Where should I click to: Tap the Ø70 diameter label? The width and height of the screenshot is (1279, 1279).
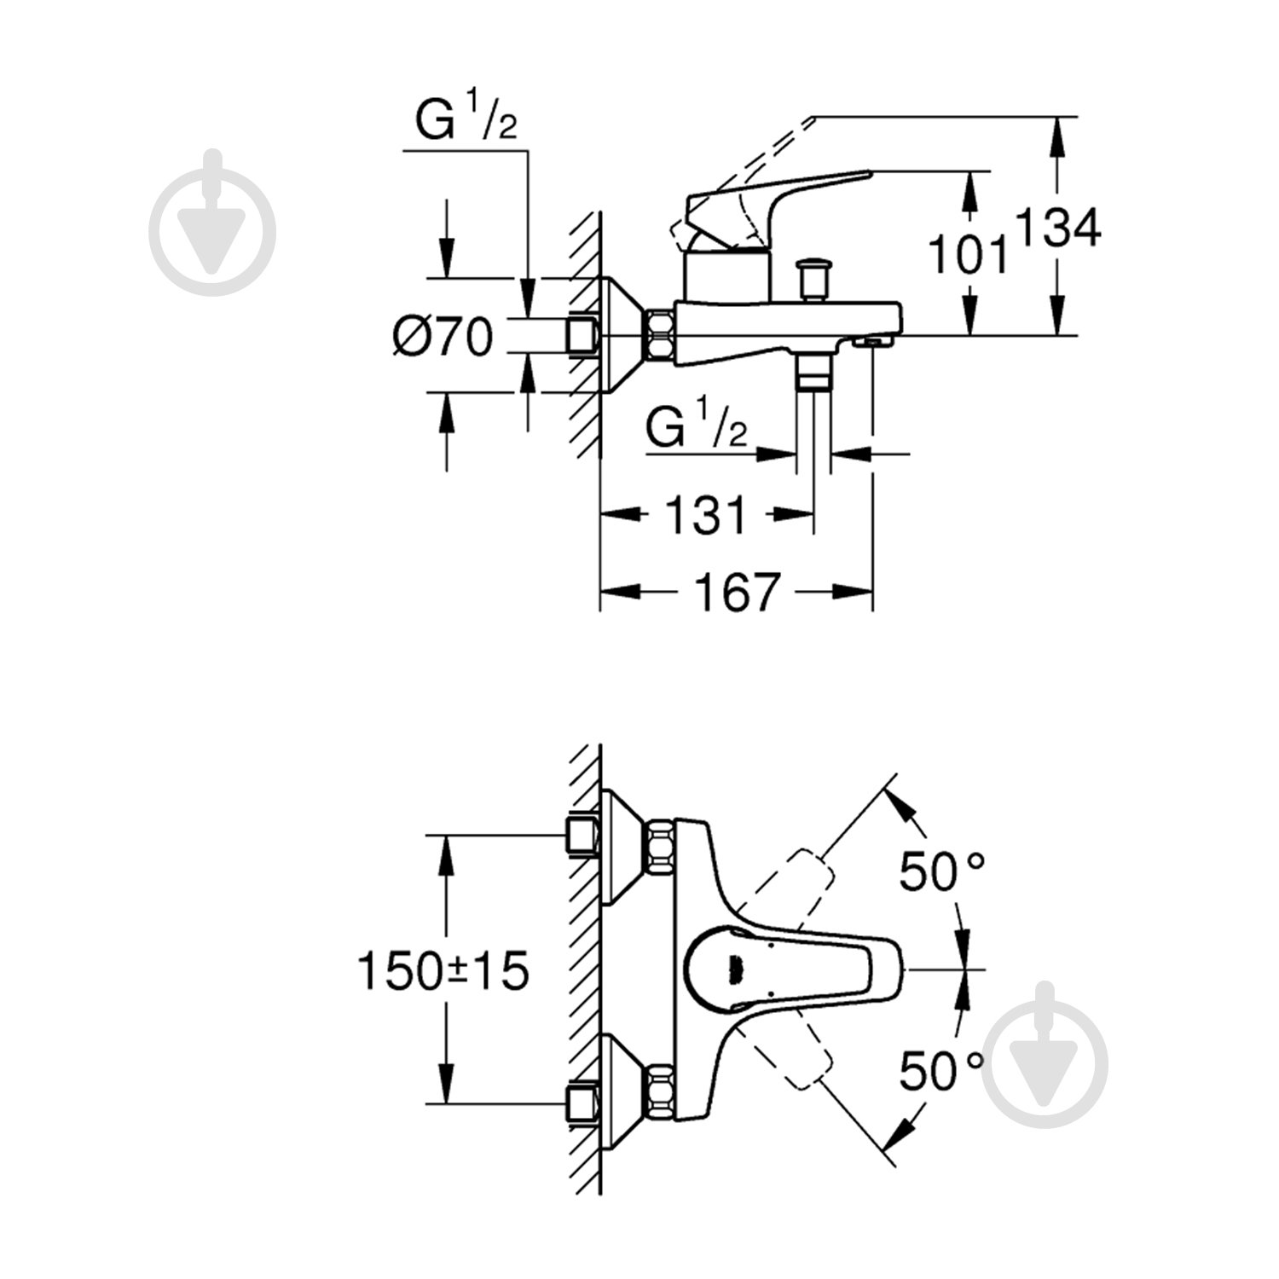[443, 336]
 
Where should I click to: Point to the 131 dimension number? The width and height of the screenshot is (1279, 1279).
[706, 515]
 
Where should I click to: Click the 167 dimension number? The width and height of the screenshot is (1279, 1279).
[737, 592]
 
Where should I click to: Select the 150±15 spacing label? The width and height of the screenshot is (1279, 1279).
[443, 971]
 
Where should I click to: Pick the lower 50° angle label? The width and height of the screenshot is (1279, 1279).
[942, 1071]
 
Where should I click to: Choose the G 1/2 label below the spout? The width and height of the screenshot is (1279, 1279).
[696, 428]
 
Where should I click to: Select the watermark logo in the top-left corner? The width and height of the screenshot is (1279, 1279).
[213, 223]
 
